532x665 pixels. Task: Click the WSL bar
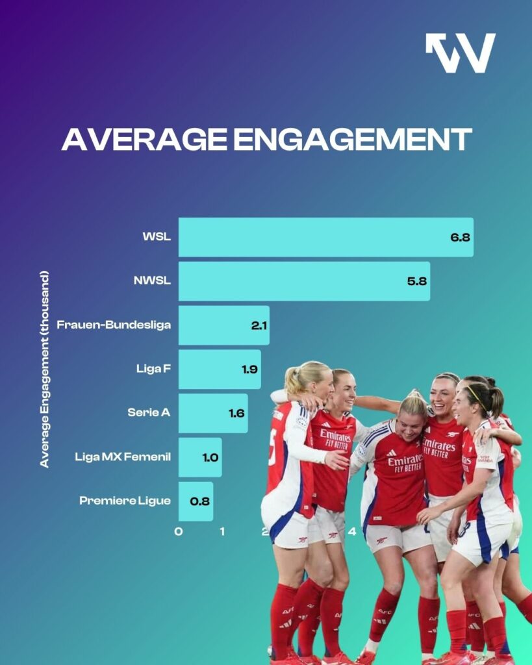(325, 237)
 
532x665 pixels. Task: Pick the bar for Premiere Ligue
(195, 501)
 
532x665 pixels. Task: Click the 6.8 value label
(460, 237)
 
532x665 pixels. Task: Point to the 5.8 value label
(416, 281)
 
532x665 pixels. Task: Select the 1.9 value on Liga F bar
(250, 370)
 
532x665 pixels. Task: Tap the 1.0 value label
(209, 457)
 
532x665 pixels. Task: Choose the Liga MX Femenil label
(123, 457)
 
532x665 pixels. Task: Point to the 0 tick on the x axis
(179, 531)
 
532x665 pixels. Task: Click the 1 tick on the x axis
(222, 531)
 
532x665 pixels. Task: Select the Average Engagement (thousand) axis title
(45, 369)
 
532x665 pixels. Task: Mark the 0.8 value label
(199, 501)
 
